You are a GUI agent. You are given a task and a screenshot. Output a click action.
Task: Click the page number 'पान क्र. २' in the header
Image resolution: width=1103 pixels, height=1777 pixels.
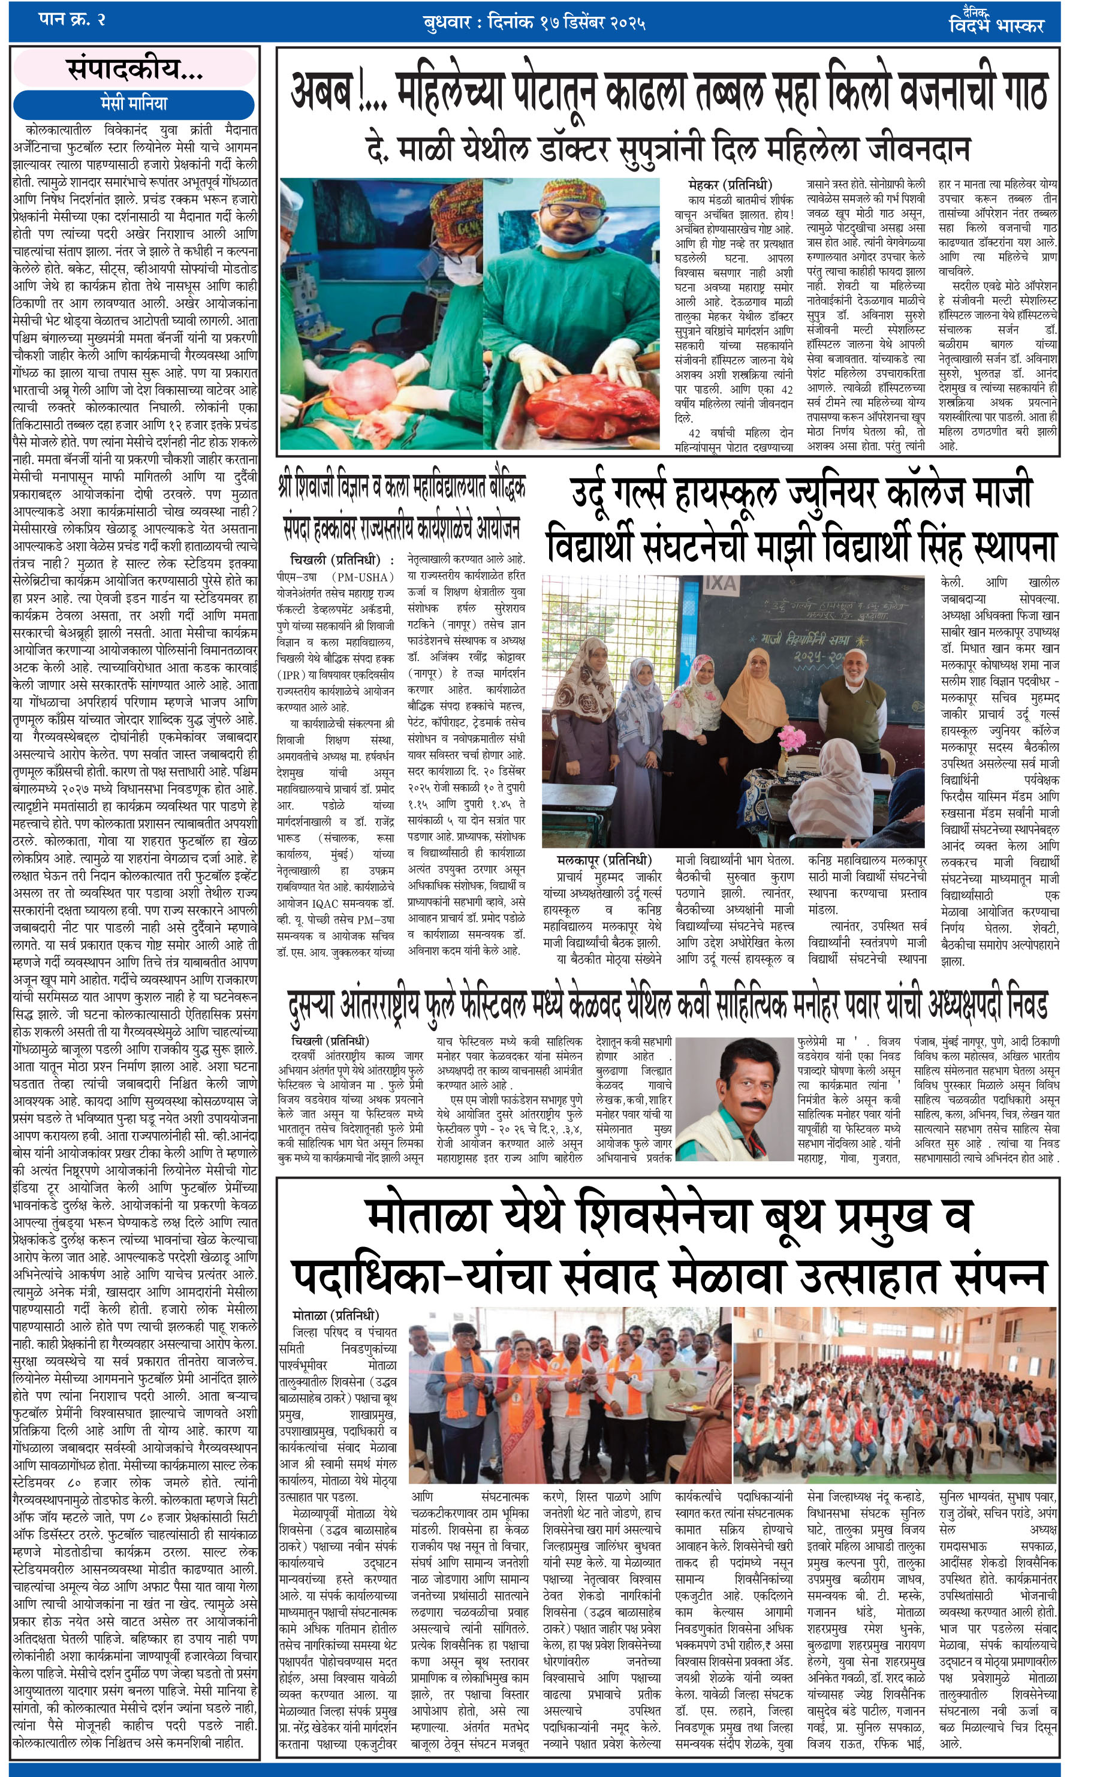[x=71, y=20]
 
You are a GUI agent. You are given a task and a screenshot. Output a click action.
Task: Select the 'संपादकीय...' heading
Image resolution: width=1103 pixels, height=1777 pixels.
[x=135, y=70]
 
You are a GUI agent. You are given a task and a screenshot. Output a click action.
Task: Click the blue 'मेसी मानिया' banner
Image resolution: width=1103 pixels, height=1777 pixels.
[x=134, y=103]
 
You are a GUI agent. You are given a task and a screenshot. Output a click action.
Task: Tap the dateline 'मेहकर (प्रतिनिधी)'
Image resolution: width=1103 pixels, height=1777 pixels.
[x=730, y=185]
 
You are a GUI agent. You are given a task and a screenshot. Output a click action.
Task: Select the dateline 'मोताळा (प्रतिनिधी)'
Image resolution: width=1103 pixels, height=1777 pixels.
[x=336, y=1315]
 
